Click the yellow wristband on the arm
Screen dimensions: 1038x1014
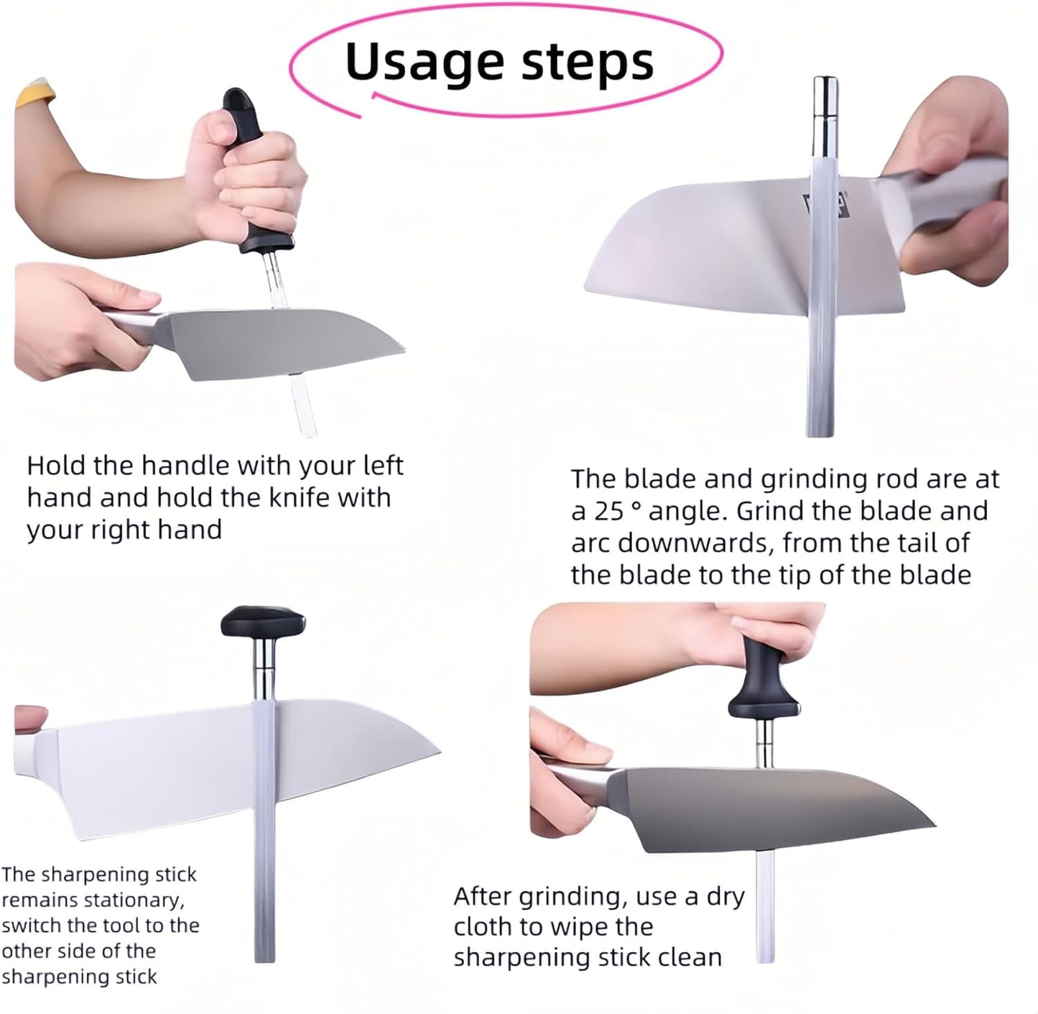34,96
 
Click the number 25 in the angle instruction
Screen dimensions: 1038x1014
609,511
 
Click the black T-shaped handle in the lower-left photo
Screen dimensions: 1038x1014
263,621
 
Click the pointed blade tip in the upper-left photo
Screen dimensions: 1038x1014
404,350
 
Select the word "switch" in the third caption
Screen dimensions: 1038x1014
32,925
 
